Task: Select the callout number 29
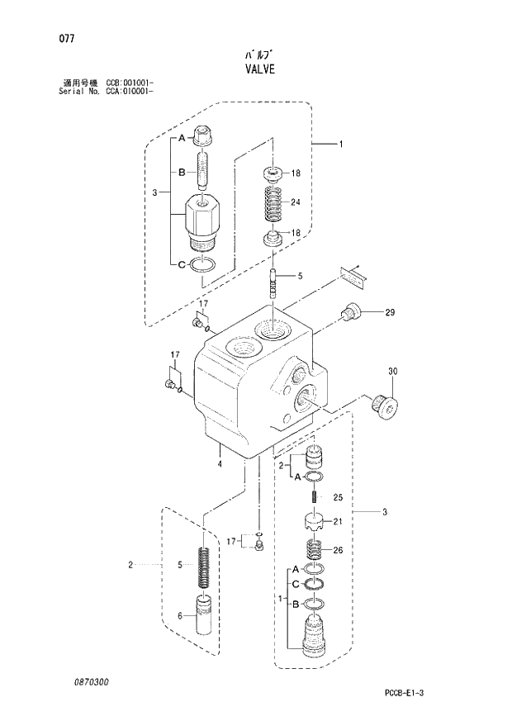pyautogui.click(x=390, y=312)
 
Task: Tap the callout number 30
pyautogui.click(x=392, y=371)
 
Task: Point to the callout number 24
pyautogui.click(x=296, y=202)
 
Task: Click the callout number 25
pyautogui.click(x=337, y=497)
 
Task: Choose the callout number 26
pyautogui.click(x=337, y=550)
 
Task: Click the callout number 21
pyautogui.click(x=337, y=521)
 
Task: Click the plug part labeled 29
pyautogui.click(x=352, y=312)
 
